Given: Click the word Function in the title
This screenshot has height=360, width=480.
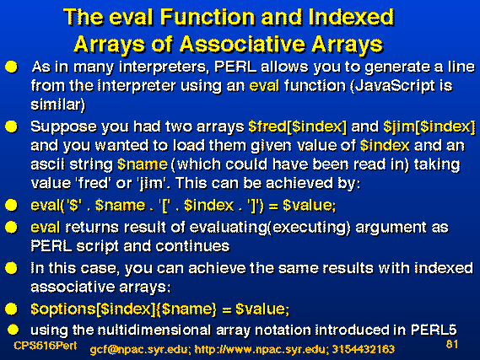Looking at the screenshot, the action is [x=208, y=17].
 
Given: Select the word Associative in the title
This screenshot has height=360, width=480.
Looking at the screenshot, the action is [x=242, y=45].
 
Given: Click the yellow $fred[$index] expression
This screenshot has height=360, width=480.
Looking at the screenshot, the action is [x=298, y=126].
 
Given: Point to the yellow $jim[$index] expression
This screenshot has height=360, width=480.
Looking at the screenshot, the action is [x=429, y=126].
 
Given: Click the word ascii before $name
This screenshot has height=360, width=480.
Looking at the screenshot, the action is [x=48, y=164].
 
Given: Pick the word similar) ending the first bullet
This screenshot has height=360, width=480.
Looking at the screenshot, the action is [x=58, y=105].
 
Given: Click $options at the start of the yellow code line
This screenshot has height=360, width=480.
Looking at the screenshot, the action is [x=63, y=309].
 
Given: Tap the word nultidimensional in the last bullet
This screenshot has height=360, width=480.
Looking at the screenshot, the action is [x=154, y=330].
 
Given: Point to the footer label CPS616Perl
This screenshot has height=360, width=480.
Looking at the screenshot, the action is [x=45, y=346].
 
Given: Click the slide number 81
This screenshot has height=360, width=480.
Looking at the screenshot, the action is [x=452, y=344].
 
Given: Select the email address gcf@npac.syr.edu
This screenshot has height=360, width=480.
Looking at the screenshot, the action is [x=140, y=349].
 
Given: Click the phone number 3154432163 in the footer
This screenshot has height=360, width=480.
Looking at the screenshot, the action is [x=364, y=349].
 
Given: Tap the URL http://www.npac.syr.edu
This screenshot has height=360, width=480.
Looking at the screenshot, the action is [x=262, y=349].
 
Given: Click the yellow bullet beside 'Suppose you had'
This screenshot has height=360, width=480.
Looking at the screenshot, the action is [x=12, y=126].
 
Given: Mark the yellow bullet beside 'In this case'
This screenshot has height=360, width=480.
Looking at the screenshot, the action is [x=12, y=268].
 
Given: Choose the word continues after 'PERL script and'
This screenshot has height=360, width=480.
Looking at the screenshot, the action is [x=192, y=246].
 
